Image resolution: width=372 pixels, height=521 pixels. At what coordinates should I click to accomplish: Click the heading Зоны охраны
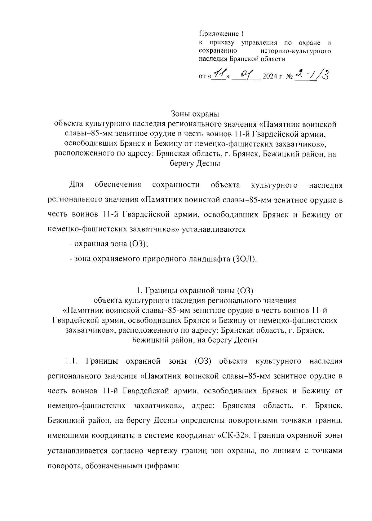(195, 114)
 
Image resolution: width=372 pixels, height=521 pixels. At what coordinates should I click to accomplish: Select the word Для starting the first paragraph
(76, 185)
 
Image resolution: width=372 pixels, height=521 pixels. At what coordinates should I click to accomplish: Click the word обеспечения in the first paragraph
(118, 185)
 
